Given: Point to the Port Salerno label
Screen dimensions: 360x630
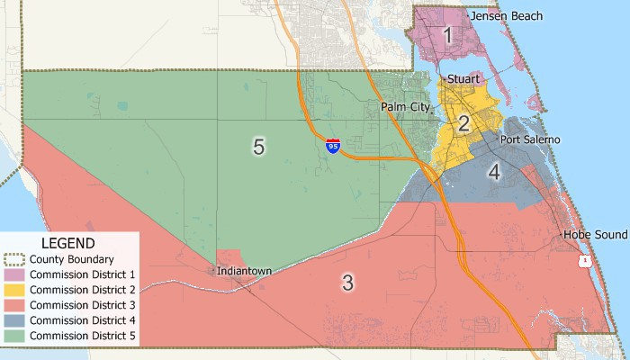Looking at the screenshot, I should coord(530,139).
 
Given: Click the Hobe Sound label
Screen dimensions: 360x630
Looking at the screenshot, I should coord(594,235).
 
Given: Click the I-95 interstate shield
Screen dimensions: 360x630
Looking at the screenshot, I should coord(333,146).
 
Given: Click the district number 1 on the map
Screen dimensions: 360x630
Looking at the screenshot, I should coord(447,36).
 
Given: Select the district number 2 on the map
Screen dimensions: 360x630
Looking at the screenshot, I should coord(463,124).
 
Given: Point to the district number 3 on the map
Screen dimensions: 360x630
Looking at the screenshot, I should coord(347,283).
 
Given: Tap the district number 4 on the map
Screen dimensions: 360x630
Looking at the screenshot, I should coord(494,172).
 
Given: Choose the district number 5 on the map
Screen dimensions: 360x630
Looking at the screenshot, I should coord(258,147).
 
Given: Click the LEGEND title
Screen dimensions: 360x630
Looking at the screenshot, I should coord(68,243).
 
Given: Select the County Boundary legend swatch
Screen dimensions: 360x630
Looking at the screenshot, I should coord(15,259).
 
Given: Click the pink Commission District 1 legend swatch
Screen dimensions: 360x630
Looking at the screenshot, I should coord(15,274).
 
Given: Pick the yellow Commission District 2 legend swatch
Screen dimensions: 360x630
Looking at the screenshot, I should coord(15,290).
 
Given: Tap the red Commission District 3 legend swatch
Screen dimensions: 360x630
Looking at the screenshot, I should coord(15,305).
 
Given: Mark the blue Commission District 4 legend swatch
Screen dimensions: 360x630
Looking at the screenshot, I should coord(15,320).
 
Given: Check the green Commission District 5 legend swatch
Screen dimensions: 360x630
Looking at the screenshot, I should coord(15,336).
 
